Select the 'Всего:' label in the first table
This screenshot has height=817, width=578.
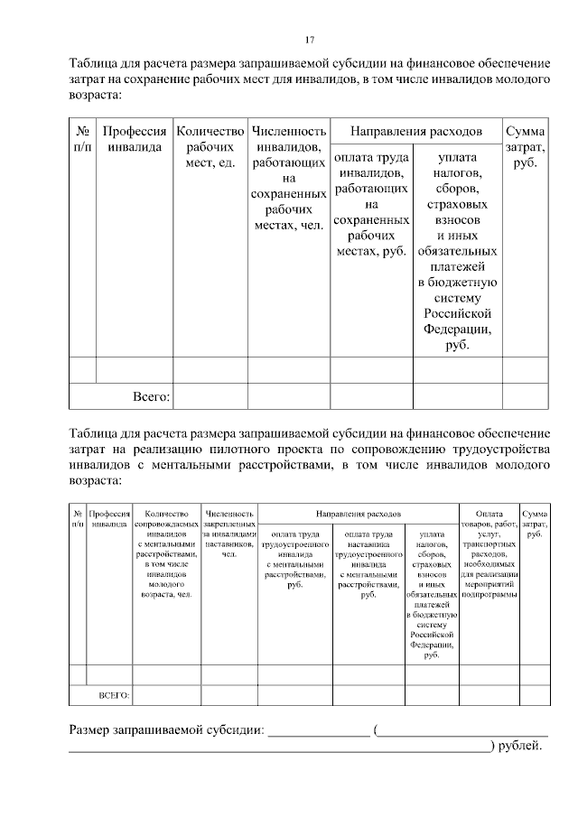[x=151, y=395]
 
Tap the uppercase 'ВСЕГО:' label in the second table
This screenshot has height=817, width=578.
[x=113, y=695]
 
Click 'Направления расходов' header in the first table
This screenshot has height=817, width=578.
[x=415, y=130]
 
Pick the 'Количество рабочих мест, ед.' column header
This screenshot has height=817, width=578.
[x=210, y=146]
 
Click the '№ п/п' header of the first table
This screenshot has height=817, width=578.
[x=82, y=138]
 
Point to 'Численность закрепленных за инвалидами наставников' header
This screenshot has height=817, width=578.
[x=229, y=529]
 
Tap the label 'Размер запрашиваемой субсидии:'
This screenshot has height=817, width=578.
[x=167, y=729]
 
